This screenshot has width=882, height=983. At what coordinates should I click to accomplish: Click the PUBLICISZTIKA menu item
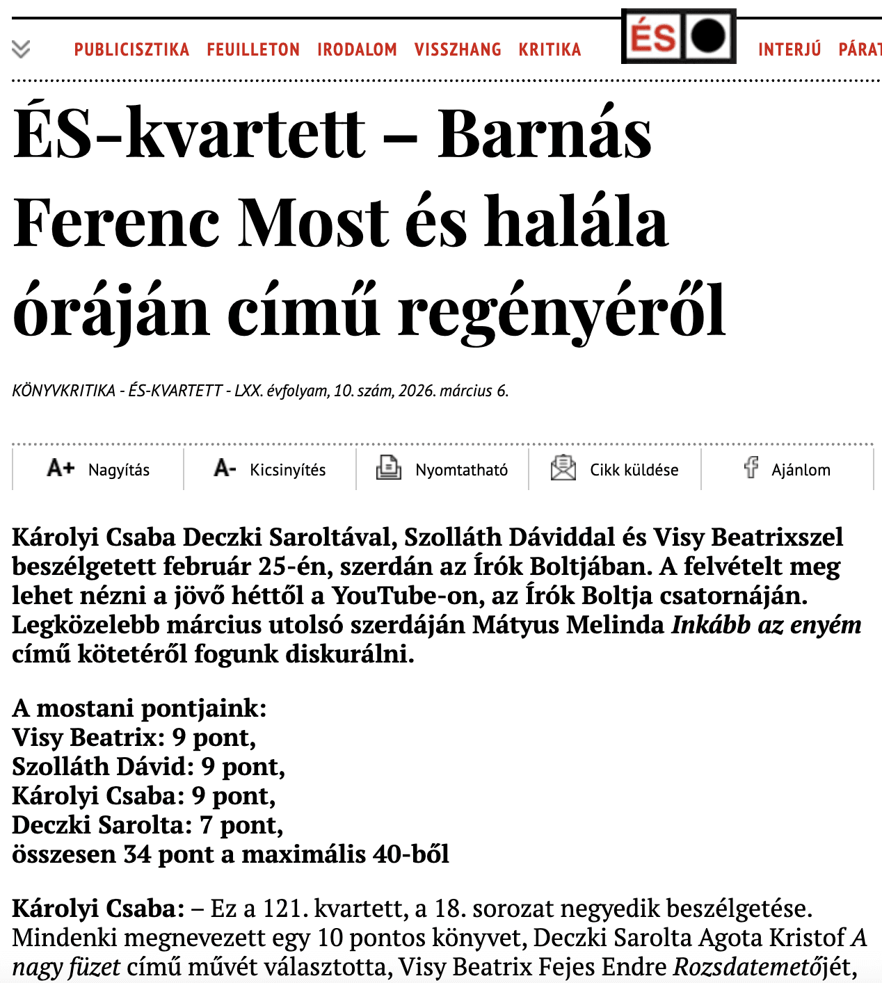click(131, 49)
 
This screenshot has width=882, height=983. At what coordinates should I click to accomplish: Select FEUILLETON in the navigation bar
click(253, 49)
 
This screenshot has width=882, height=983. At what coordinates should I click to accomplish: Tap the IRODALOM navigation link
click(357, 49)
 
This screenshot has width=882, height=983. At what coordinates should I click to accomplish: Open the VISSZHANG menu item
click(458, 49)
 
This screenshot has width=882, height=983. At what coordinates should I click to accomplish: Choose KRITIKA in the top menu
click(550, 49)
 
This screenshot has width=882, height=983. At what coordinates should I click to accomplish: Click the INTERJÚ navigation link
click(789, 49)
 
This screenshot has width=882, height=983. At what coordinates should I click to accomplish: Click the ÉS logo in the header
click(678, 36)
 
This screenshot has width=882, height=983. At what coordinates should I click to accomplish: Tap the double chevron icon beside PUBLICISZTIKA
click(22, 49)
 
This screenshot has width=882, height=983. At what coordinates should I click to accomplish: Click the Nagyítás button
click(98, 469)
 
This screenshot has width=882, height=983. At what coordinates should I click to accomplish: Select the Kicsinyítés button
click(270, 469)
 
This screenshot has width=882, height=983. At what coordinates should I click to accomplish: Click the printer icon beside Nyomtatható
click(389, 468)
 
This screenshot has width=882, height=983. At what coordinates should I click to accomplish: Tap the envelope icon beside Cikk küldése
click(563, 468)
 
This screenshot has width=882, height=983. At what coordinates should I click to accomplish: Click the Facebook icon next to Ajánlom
click(751, 467)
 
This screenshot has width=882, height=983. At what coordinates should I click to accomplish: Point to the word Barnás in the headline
click(545, 133)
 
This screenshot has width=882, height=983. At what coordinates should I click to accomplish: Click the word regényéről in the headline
click(561, 311)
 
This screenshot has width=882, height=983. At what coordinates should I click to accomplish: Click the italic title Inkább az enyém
click(766, 624)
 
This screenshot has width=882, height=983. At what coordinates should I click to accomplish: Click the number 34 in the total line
click(137, 854)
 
